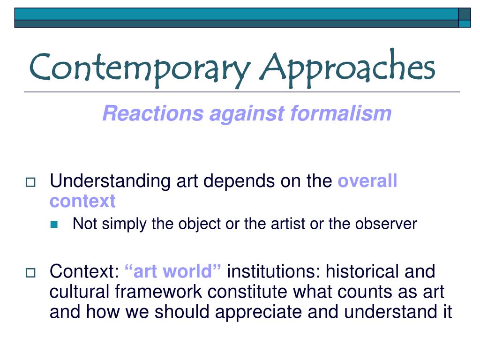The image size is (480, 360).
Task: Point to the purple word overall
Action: tap(367, 181)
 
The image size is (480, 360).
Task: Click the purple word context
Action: tap(82, 202)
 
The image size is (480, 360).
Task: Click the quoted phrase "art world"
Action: tap(173, 271)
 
